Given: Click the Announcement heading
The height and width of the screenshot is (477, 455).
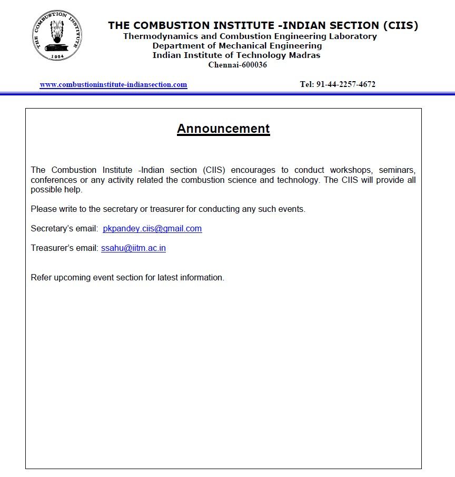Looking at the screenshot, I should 223,129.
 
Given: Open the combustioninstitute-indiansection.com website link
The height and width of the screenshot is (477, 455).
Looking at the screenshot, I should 113,84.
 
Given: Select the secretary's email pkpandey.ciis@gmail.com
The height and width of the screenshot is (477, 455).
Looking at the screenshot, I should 152,228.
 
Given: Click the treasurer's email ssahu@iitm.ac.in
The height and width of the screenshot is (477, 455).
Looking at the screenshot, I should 133,248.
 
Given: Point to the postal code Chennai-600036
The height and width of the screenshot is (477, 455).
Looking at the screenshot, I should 238,65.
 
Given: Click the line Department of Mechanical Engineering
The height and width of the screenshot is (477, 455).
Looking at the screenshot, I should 237,46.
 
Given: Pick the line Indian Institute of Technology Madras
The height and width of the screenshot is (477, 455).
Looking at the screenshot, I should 236,55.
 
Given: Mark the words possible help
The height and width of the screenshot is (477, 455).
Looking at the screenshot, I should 56,190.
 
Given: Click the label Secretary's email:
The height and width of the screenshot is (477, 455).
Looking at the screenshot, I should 64,228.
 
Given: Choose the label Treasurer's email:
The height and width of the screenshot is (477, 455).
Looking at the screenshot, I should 64,248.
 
